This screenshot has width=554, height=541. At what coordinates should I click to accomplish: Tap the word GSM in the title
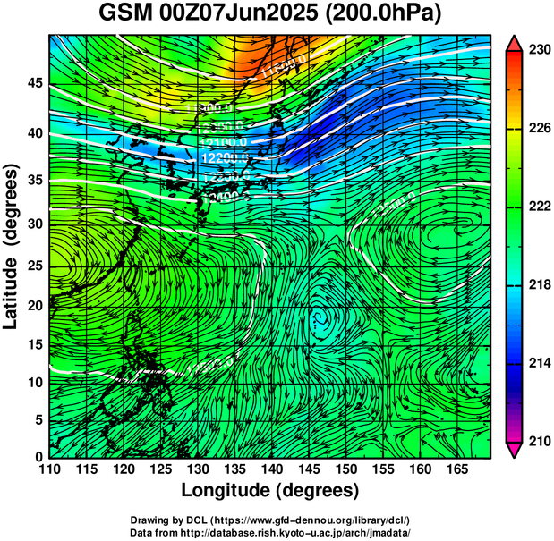pos(121,15)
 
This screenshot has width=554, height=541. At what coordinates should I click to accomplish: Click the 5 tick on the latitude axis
pos(38,419)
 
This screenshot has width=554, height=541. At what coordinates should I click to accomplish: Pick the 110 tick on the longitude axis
pos(49,469)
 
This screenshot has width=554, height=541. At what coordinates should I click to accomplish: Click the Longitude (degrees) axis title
pos(270,491)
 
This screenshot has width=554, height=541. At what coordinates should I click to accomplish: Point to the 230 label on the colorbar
pos(539,51)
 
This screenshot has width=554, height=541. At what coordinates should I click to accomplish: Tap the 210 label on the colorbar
pos(539,441)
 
